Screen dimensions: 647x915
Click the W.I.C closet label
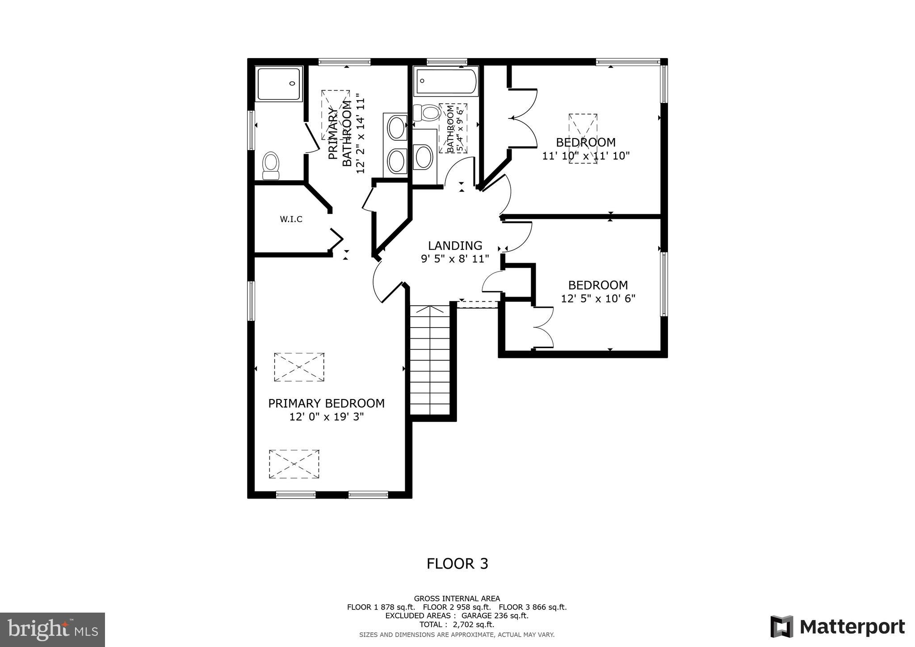tap(291, 219)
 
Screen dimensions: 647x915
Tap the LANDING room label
tap(455, 246)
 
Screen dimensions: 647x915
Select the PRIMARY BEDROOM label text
tap(326, 403)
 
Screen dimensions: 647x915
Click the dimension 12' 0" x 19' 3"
tap(326, 417)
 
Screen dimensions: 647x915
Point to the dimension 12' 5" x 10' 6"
tap(598, 298)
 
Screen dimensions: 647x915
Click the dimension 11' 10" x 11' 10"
tap(585, 156)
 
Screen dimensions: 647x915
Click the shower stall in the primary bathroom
tap(280, 84)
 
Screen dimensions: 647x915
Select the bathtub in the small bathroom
tap(446, 81)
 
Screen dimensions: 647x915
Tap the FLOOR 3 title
tap(457, 564)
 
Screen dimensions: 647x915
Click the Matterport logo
tap(837, 626)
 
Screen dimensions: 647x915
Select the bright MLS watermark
tap(53, 630)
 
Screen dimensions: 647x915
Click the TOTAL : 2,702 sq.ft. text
tap(457, 625)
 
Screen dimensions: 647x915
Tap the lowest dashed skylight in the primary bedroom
tap(294, 464)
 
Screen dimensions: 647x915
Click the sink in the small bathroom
tap(424, 157)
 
